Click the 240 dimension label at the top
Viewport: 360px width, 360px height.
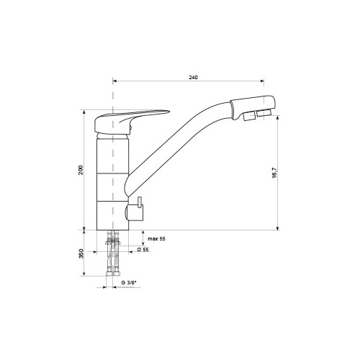[x=193, y=77]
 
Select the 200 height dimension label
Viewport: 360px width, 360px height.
[x=81, y=170]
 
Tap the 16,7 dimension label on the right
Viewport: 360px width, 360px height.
[x=274, y=173]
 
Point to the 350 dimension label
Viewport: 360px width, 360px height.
[x=81, y=253]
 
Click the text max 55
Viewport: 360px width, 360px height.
[x=156, y=239]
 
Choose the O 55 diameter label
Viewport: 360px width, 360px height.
[x=143, y=249]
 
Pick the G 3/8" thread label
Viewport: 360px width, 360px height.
[x=129, y=282]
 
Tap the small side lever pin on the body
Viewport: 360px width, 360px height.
[x=140, y=202]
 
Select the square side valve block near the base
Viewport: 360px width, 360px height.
[x=135, y=212]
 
